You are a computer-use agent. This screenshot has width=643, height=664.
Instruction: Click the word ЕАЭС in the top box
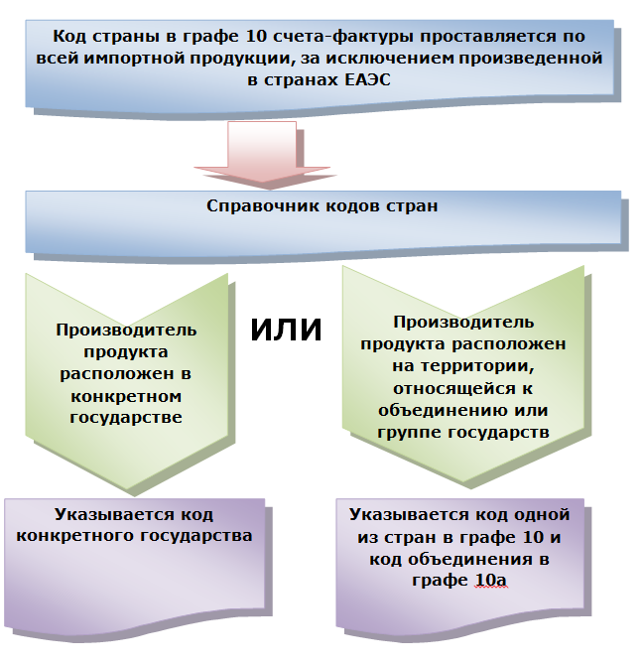[358, 80]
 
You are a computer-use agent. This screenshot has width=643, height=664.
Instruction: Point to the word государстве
[126, 418]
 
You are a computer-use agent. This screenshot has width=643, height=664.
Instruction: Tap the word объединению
[436, 410]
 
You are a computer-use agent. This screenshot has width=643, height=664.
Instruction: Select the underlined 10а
[489, 580]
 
